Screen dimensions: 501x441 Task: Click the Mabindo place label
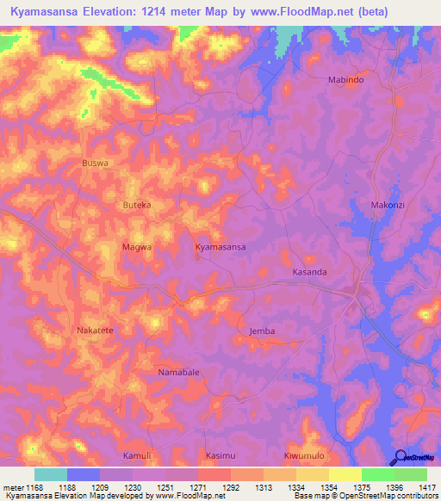tap(347, 79)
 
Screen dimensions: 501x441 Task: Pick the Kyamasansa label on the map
tap(220, 247)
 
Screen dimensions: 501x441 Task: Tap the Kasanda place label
tap(310, 271)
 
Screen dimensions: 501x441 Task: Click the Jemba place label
tap(262, 331)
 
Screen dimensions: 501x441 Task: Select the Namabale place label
tap(178, 372)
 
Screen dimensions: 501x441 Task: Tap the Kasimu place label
tap(220, 455)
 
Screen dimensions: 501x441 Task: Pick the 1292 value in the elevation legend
tap(231, 486)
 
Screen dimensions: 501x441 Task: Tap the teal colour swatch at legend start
tap(51, 474)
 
